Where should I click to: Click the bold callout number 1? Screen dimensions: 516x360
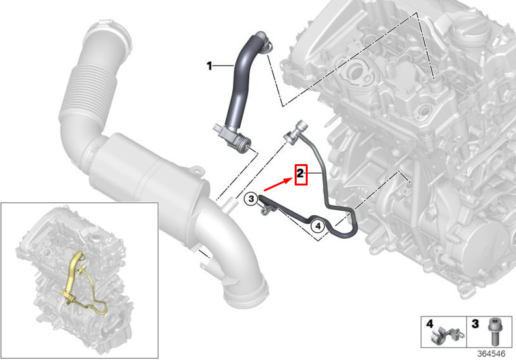[209, 66]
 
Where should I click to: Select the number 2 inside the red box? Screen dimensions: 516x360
[301, 173]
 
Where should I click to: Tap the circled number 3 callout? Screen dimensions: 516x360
[251, 198]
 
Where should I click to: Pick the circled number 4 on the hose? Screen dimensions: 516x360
[318, 226]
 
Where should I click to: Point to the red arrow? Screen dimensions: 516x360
[278, 184]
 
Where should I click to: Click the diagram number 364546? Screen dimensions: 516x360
[491, 354]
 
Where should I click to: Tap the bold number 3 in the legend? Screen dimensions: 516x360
[475, 324]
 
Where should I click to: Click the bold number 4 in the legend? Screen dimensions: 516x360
[430, 324]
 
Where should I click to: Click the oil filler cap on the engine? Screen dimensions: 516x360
[471, 31]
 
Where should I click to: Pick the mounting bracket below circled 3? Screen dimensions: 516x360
[265, 210]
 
